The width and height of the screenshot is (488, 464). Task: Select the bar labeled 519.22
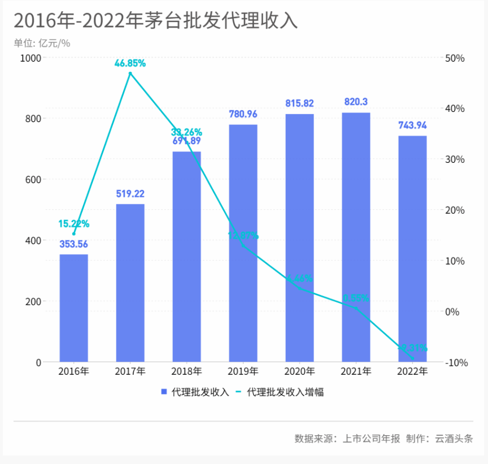pos(130,283)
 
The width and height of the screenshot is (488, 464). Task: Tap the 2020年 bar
pos(299,237)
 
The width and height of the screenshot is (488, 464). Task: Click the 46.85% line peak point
pos(130,73)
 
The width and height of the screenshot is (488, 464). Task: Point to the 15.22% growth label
pos(73,224)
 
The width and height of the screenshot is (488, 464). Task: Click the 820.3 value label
pos(356,102)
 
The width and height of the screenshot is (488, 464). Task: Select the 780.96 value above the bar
pos(243,114)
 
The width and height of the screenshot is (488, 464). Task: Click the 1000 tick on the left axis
pos(30,58)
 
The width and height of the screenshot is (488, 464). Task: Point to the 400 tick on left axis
pos(33,241)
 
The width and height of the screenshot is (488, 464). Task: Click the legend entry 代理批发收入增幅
pos(286,392)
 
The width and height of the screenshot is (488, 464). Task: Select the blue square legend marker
pos(164,392)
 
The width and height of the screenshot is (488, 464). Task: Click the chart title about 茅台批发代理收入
pos(155,21)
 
